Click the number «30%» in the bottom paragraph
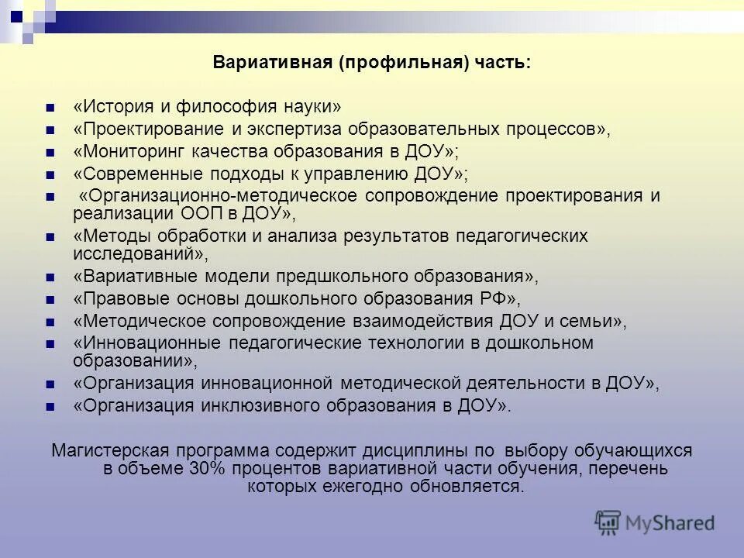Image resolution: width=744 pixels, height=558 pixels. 205,469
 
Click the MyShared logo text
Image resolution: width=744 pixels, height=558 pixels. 670,522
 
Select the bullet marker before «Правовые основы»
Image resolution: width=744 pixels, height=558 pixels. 50,299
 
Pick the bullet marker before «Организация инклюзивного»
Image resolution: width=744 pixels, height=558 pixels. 50,405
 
